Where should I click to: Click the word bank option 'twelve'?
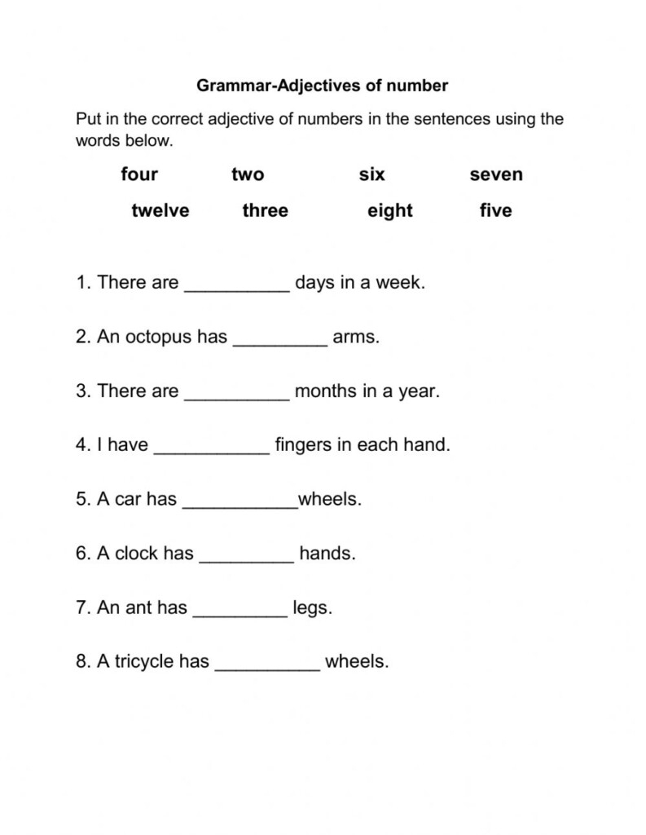point(160,210)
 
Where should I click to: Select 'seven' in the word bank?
point(496,174)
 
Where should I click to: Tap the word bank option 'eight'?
point(389,210)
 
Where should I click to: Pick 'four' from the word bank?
point(139,174)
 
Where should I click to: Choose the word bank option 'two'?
point(248,174)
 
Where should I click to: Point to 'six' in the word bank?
point(371,174)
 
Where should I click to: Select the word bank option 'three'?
point(265,210)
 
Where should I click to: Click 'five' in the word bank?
point(495,210)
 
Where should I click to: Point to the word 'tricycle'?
point(138,662)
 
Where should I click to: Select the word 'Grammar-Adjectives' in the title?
point(271,85)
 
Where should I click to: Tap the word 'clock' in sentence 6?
point(137,554)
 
